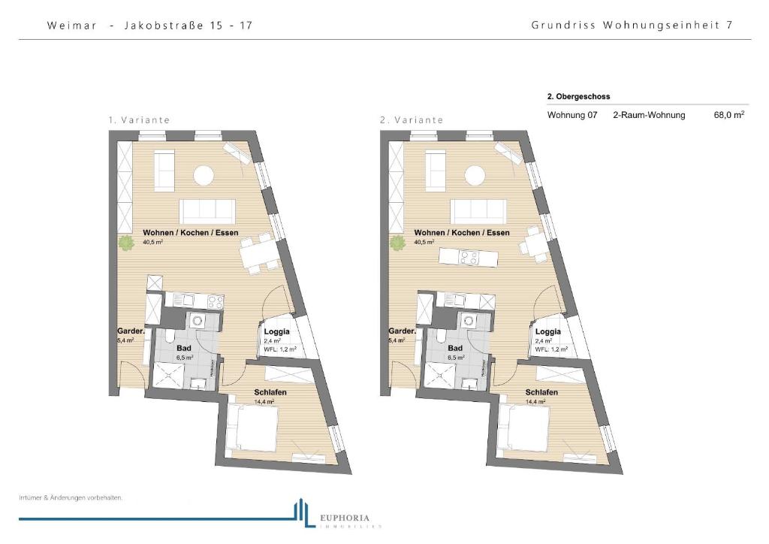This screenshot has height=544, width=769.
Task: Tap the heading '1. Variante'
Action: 139,119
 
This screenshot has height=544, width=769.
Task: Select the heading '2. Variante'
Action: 411,119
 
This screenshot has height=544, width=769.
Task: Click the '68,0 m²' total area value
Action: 728,116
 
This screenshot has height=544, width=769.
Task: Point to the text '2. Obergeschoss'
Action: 578,97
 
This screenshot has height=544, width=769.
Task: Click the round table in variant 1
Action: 204,175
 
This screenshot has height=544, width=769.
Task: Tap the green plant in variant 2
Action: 397,243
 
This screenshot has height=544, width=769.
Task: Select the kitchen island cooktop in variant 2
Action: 469,257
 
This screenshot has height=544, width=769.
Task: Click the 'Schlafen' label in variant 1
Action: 270,392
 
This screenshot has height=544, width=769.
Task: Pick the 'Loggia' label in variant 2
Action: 547,331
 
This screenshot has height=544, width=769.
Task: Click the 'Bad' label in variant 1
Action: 184,349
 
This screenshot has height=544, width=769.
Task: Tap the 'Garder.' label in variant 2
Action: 402,331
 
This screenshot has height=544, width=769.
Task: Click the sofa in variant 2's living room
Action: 478,211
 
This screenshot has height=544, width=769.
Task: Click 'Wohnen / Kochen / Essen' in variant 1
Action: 191,233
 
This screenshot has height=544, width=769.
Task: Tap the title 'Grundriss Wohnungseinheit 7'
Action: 632,25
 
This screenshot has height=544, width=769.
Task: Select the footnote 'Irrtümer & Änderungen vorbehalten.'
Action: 71,497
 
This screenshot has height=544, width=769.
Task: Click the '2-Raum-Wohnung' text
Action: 649,116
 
